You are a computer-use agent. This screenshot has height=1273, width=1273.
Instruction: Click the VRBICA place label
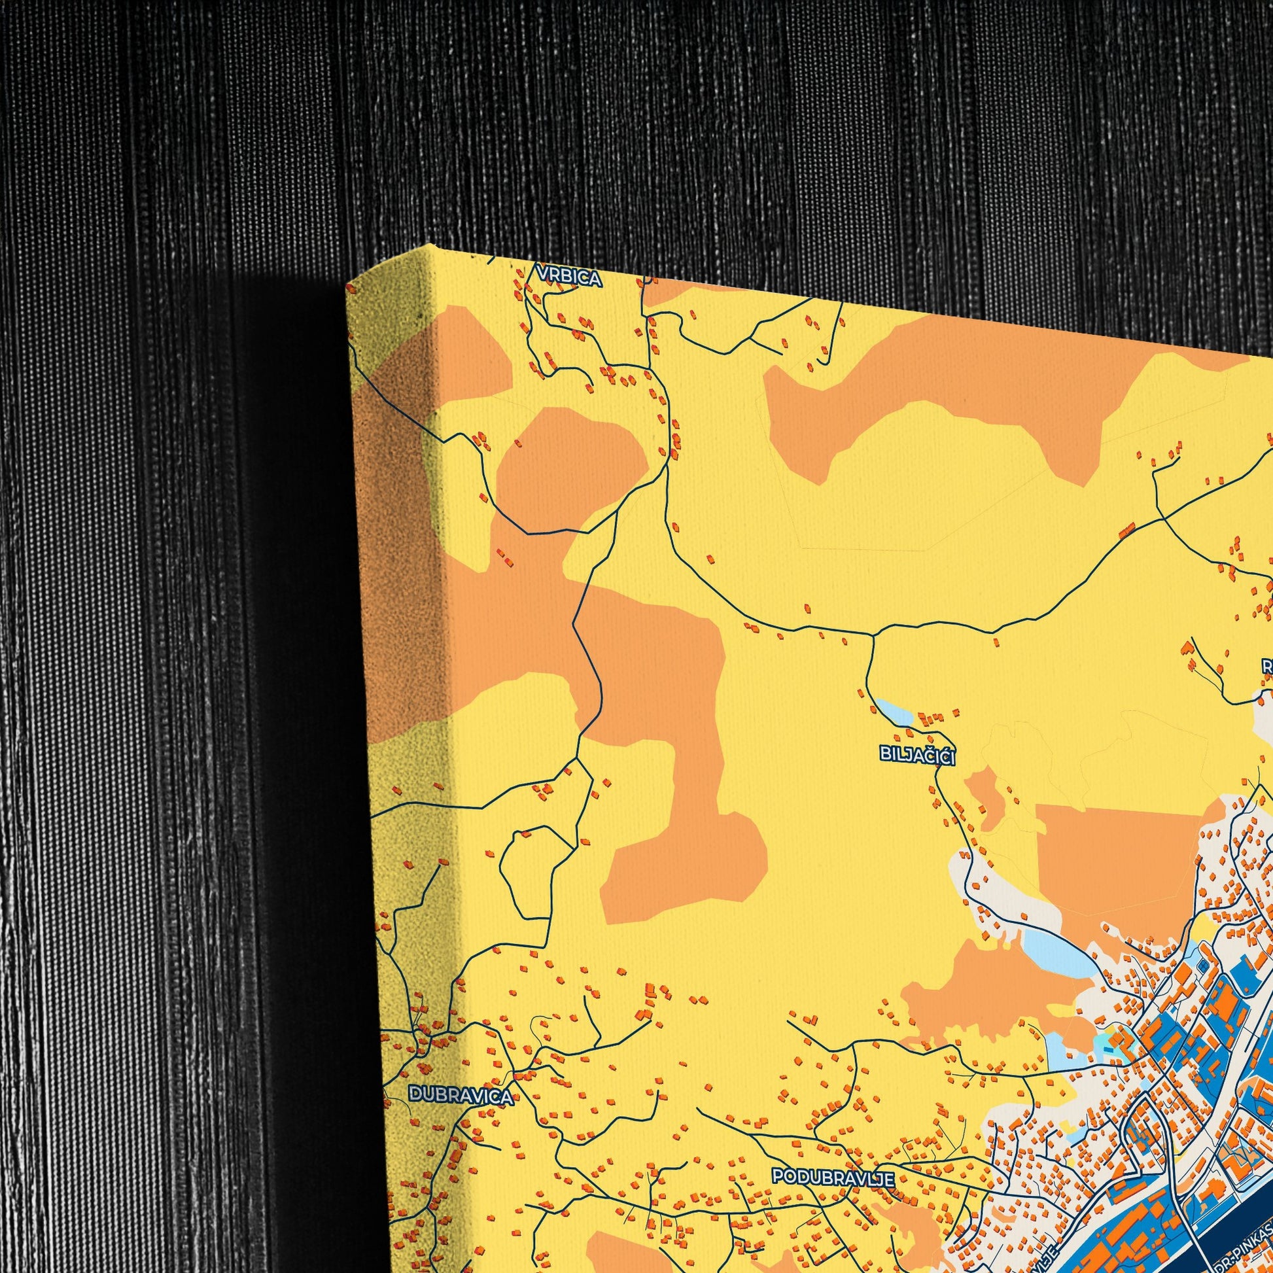pyautogui.click(x=569, y=279)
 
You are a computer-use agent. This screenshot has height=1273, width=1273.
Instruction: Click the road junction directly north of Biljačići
pyautogui.click(x=873, y=636)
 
